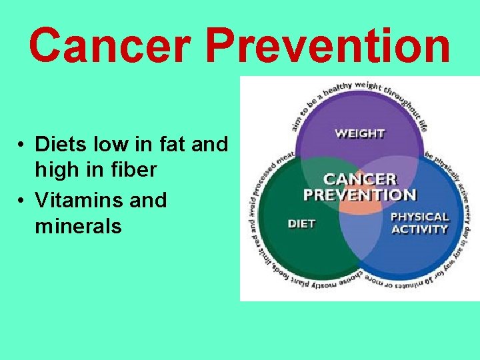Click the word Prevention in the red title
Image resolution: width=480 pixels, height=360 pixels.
point(327,46)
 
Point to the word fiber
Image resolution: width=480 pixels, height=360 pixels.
point(134,170)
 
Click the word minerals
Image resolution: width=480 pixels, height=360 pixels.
point(78,226)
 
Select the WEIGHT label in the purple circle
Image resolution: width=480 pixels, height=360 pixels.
point(360,133)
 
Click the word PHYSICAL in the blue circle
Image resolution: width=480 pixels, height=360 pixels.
point(419,217)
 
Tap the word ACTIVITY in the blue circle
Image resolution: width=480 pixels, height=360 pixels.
point(419,229)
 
